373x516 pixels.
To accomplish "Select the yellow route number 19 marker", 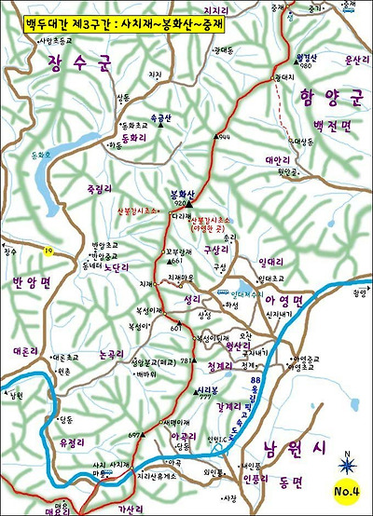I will coord(48,251).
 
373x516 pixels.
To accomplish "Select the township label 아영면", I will coord(284,301).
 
